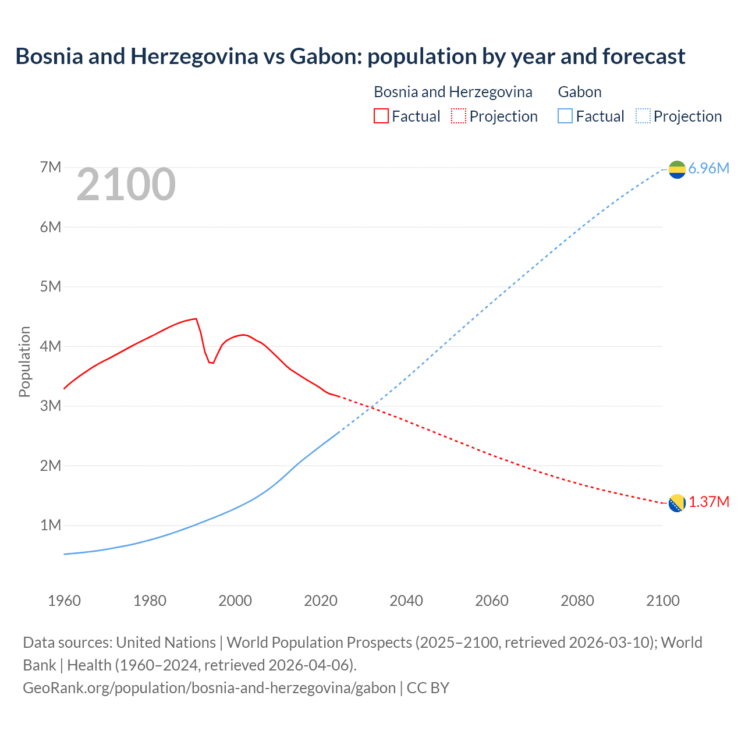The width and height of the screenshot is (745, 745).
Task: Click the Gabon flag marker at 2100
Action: click(x=677, y=169)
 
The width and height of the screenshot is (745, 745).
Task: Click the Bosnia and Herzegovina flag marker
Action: click(x=677, y=503)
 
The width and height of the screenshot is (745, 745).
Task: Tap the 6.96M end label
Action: click(x=708, y=169)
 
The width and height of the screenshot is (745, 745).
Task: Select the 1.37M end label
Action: click(x=709, y=502)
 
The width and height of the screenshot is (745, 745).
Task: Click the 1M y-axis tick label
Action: click(x=51, y=526)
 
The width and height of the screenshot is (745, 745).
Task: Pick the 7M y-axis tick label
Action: click(x=51, y=168)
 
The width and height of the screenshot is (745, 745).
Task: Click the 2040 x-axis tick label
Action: click(x=406, y=601)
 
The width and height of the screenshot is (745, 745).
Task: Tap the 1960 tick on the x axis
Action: click(x=64, y=601)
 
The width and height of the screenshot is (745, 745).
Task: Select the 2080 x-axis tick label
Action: click(x=577, y=601)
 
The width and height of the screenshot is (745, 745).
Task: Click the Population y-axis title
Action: click(x=24, y=361)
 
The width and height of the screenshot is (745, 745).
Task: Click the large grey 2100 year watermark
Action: click(x=126, y=185)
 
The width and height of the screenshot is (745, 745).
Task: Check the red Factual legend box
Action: click(x=381, y=116)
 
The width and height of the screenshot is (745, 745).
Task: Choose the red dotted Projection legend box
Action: click(x=459, y=116)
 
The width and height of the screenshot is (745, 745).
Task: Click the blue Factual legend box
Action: click(x=565, y=116)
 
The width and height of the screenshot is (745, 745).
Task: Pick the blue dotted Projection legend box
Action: click(x=643, y=116)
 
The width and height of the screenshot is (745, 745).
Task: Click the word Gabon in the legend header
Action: click(x=580, y=92)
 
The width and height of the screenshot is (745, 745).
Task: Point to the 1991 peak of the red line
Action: click(x=196, y=318)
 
